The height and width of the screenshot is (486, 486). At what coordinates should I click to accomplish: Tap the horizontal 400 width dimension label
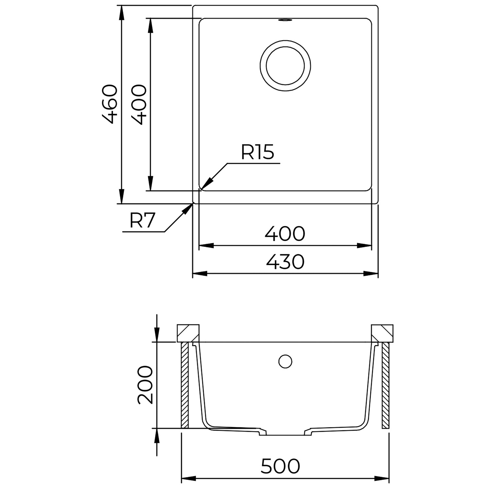click(x=285, y=234)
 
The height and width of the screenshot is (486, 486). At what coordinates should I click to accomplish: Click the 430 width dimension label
click(x=285, y=262)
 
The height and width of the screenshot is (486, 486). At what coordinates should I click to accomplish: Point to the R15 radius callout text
click(x=258, y=152)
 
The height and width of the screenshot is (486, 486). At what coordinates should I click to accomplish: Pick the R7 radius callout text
click(x=141, y=221)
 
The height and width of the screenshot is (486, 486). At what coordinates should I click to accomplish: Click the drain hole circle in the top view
click(x=285, y=65)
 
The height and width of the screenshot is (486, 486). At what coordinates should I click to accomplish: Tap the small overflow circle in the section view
click(x=285, y=361)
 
